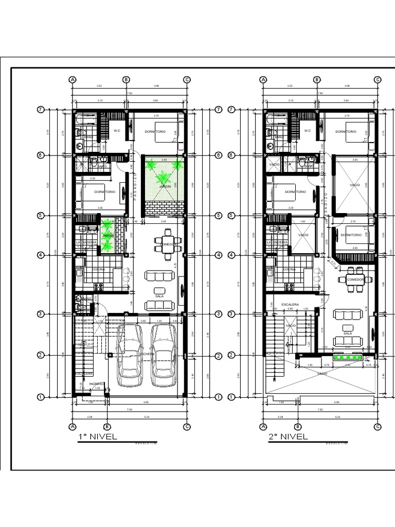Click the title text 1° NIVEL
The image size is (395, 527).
tap(97, 437)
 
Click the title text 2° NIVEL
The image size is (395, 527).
tap(288, 437)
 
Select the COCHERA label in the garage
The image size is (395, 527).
tap(146, 354)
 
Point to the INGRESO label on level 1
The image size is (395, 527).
tap(96, 383)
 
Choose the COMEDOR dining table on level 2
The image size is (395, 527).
tap(355, 279)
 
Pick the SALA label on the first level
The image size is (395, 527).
tap(159, 296)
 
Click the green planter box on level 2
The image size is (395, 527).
tap(348, 357)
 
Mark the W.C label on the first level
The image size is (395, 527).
tap(117, 131)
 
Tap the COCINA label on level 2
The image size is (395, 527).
tap(289, 269)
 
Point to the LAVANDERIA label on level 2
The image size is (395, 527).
tap(277, 242)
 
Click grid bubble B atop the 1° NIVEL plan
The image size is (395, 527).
tap(126, 80)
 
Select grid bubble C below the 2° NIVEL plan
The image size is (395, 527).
tap(378, 426)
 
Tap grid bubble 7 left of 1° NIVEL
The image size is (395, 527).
tap(40, 110)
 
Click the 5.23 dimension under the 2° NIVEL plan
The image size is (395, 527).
tap(337, 417)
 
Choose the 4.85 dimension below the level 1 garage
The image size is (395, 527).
tap(146, 402)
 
